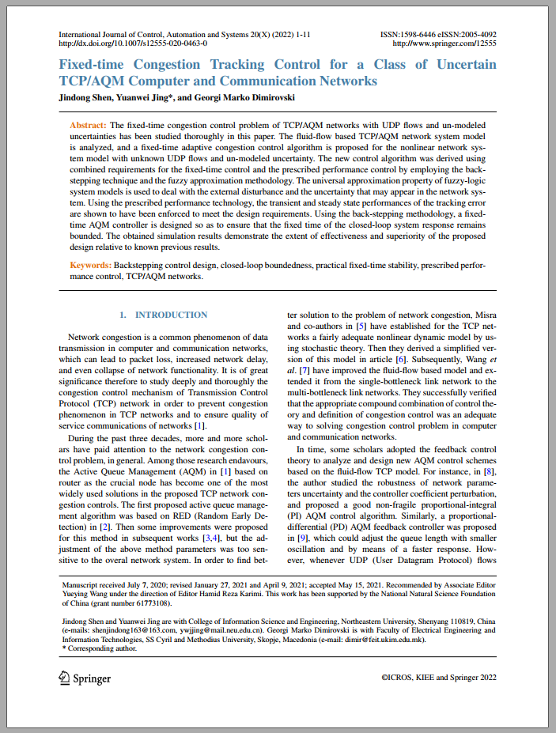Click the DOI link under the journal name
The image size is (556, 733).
(x=133, y=44)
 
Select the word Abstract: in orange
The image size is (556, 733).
(x=88, y=126)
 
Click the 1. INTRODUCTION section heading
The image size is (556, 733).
(x=164, y=315)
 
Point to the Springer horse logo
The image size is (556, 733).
(x=65, y=678)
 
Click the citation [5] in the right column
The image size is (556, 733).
(x=361, y=326)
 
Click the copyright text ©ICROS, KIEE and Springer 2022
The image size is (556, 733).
(x=439, y=678)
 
